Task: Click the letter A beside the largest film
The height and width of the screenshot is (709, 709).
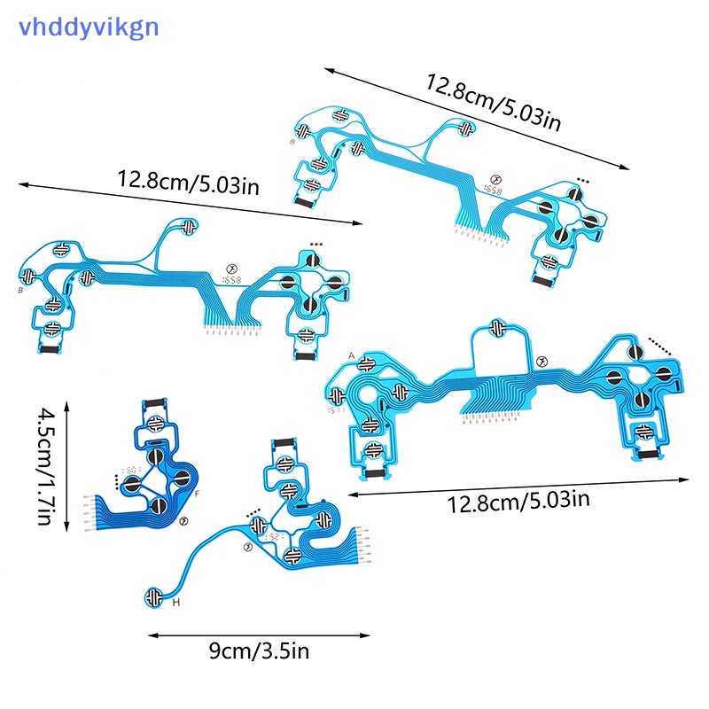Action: click(352, 355)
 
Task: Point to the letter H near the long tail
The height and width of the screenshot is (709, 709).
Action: click(175, 603)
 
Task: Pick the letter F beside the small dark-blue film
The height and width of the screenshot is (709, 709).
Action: click(196, 493)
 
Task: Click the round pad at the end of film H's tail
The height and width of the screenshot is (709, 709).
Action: click(156, 596)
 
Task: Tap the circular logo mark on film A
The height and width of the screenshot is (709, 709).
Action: click(542, 362)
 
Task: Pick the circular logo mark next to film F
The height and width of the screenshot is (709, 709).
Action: click(183, 522)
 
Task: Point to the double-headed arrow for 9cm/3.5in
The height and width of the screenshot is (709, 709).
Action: click(259, 635)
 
